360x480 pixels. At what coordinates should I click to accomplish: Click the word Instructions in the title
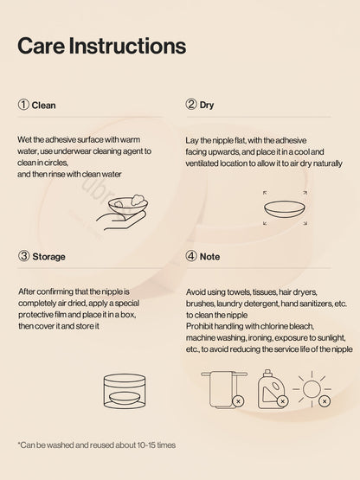click(127, 46)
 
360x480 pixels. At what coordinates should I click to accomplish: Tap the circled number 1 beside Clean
click(23, 105)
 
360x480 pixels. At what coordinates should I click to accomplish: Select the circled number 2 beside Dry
click(191, 104)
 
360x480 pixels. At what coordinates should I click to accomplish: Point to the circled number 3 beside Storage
click(23, 256)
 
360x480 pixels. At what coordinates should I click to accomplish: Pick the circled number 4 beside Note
click(191, 256)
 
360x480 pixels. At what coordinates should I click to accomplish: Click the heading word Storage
click(48, 257)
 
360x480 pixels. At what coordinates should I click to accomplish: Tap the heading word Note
click(209, 257)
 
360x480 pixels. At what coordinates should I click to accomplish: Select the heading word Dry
click(207, 106)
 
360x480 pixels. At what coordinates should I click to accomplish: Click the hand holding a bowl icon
click(123, 212)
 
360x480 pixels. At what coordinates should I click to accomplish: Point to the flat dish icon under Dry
click(285, 209)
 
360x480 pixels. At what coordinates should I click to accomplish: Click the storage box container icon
click(125, 391)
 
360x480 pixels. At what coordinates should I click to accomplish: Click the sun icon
click(312, 389)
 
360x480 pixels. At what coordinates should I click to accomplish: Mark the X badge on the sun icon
click(325, 400)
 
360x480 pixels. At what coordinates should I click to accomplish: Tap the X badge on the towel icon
click(238, 401)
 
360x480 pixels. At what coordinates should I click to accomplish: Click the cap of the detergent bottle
click(268, 372)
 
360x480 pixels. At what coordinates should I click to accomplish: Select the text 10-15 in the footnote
click(146, 445)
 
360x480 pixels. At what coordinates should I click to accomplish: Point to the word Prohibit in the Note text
click(199, 326)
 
